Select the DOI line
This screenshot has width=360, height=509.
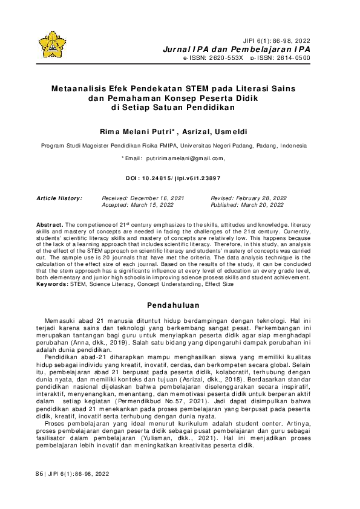coord(172,179)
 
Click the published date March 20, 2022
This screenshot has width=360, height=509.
coord(263,205)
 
